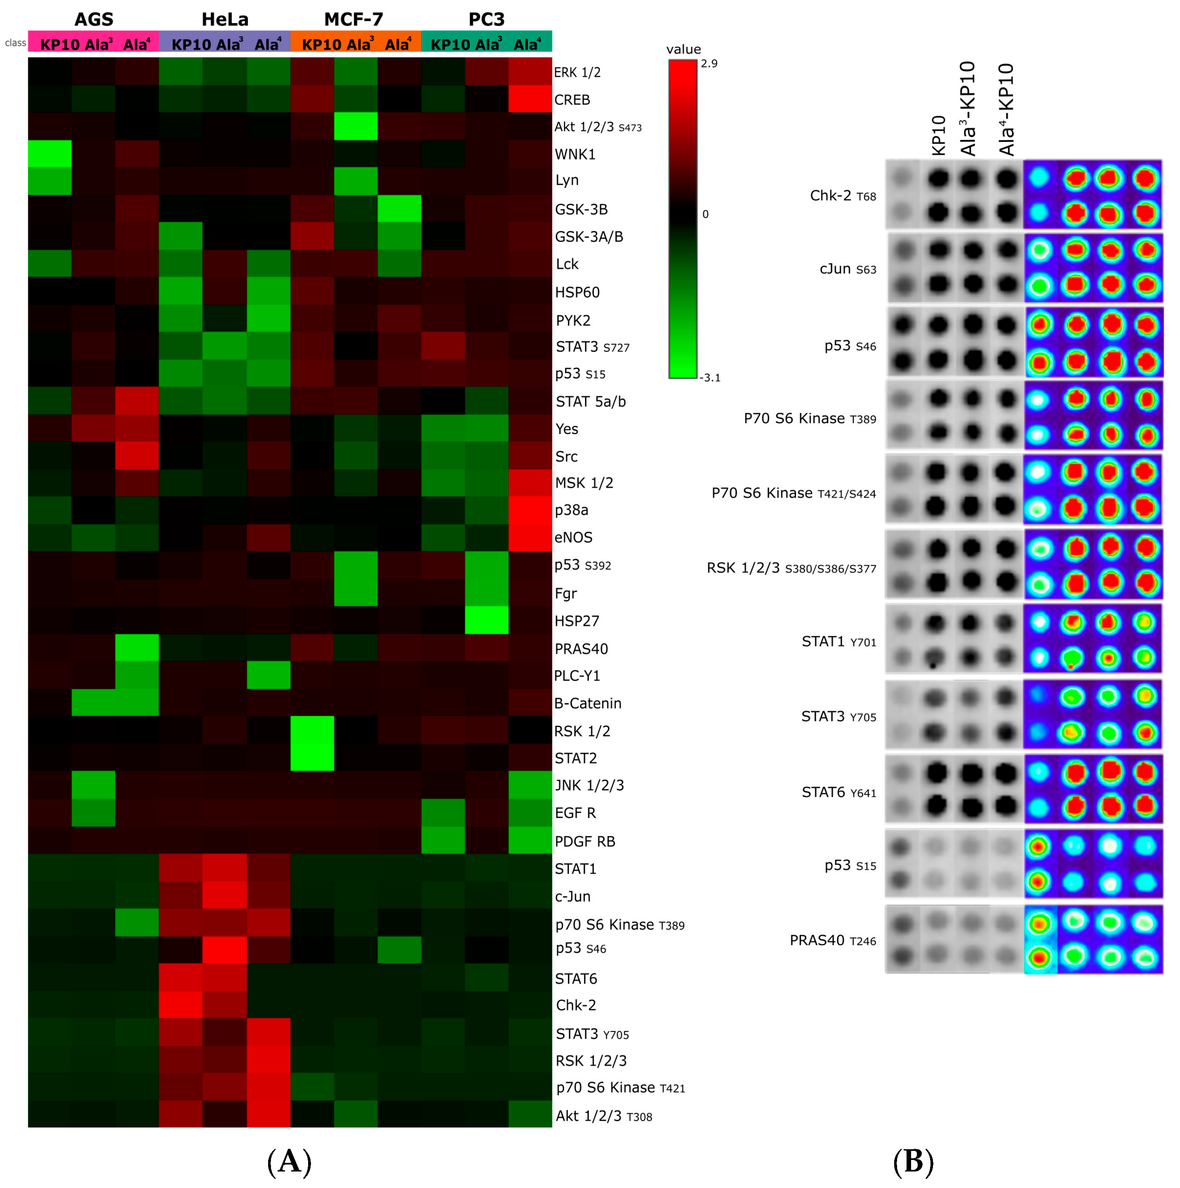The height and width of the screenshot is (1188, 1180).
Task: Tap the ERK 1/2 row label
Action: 577,73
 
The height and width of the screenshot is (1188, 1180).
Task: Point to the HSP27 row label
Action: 576,621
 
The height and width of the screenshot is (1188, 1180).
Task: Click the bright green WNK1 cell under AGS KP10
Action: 50,154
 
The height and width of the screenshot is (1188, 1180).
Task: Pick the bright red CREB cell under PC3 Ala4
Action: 530,99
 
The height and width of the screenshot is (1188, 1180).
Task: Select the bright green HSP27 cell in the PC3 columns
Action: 486,620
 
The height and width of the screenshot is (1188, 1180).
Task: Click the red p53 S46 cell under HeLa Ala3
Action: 224,950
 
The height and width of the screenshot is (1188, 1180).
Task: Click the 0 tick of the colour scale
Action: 705,214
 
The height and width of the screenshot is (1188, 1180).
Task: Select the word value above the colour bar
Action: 683,49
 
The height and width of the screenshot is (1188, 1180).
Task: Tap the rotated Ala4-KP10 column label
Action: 1006,109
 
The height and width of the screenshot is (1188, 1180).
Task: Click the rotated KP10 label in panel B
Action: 938,135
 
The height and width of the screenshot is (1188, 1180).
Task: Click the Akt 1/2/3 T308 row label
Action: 603,1116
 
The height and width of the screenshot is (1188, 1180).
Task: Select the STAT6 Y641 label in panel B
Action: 838,792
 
